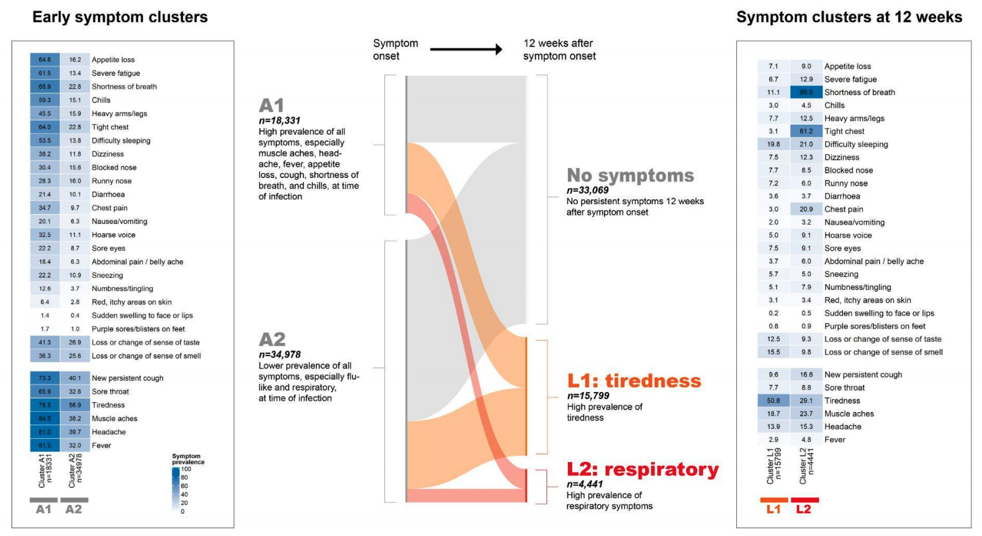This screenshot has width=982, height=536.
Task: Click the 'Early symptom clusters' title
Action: pyautogui.click(x=120, y=17)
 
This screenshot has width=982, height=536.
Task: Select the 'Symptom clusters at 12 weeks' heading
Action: pyautogui.click(x=849, y=17)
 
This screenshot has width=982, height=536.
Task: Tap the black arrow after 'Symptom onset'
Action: pyautogui.click(x=466, y=50)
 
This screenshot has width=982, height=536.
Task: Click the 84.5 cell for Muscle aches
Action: pyautogui.click(x=45, y=419)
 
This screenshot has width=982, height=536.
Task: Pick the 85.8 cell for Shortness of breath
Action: pyautogui.click(x=806, y=92)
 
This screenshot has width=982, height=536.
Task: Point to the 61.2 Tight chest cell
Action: pyautogui.click(x=806, y=132)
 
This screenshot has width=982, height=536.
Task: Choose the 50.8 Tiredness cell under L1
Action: pyautogui.click(x=773, y=401)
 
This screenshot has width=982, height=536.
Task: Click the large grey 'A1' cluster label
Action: pyautogui.click(x=271, y=105)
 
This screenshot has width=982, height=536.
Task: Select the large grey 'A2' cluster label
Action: pyautogui.click(x=272, y=339)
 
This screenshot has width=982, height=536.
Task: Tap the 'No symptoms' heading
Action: pyautogui.click(x=630, y=176)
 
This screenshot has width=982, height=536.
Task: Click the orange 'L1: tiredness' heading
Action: pyautogui.click(x=634, y=381)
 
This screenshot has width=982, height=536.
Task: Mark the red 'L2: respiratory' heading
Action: pyautogui.click(x=642, y=470)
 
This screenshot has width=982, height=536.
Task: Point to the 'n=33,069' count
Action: pyautogui.click(x=587, y=190)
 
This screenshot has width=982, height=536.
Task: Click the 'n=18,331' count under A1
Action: pyautogui.click(x=279, y=120)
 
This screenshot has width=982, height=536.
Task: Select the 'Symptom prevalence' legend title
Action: pyautogui.click(x=188, y=459)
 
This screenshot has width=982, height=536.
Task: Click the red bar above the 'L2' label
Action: pyautogui.click(x=804, y=500)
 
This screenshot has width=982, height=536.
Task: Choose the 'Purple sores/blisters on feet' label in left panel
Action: pyautogui.click(x=138, y=329)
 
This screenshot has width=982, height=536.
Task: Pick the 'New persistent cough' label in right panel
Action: pyautogui.click(x=863, y=375)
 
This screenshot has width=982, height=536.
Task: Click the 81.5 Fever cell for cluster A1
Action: pyautogui.click(x=45, y=445)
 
